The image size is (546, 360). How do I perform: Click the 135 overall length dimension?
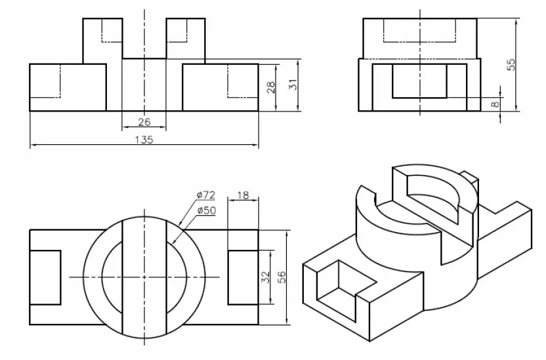pos(144,140)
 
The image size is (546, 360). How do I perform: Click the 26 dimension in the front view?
pos(144,121)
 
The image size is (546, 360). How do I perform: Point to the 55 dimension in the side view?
pos(512,64)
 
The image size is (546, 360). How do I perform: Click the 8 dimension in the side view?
pos(495,103)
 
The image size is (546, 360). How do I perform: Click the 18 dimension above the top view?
pos(243,195)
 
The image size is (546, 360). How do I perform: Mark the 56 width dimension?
pos(282,277)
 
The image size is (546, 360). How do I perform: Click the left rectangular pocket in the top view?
pos(45,277)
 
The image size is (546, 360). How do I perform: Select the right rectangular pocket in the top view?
pos(243,277)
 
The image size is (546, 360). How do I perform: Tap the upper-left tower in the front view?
pos(102,39)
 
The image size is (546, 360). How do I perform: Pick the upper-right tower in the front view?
pos(186,39)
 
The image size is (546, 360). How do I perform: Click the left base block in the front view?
pos(68,87)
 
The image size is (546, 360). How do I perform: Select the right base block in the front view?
pos(220,87)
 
